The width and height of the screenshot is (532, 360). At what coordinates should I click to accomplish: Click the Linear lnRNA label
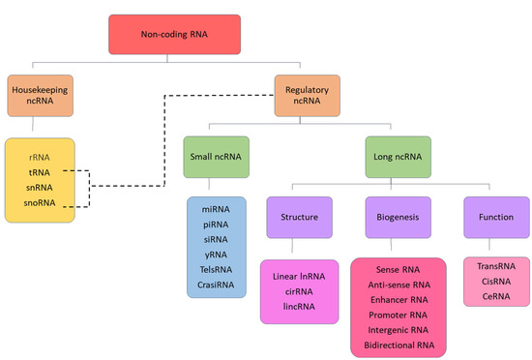(x=300, y=276)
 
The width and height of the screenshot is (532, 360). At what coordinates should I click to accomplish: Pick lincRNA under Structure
(x=299, y=305)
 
